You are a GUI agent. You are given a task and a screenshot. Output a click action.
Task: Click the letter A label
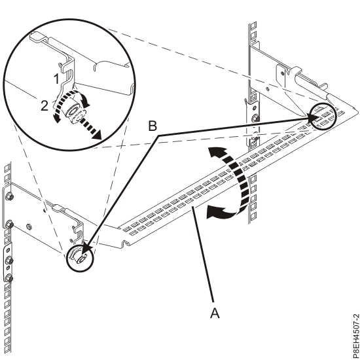tap(215, 313)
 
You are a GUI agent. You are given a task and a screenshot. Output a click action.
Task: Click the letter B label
tap(153, 126)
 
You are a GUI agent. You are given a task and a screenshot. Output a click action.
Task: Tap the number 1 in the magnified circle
tap(56, 79)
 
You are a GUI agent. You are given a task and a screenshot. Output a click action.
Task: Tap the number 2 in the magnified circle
tap(45, 106)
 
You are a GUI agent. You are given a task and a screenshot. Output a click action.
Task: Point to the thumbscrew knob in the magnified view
tap(73, 112)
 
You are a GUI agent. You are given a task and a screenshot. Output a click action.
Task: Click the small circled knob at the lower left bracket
tap(80, 259)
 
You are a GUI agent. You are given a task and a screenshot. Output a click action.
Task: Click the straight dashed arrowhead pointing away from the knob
tap(96, 135)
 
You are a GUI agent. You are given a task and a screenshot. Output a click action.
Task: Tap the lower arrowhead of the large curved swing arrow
tap(215, 212)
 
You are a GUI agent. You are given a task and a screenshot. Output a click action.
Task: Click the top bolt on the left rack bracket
tap(10, 196)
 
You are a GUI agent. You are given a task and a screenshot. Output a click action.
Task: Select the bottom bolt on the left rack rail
tap(10, 278)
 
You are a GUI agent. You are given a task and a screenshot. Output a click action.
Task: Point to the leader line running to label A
tap(204, 254)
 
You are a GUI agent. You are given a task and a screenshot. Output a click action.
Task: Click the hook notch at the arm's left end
tap(125, 243)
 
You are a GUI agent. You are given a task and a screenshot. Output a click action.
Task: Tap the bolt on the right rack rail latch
tap(255, 118)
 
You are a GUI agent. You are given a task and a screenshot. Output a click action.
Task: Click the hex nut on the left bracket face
tap(29, 227)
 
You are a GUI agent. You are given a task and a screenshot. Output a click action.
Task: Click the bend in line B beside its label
tap(158, 136)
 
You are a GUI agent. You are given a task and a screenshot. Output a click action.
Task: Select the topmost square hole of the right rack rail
tap(254, 25)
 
